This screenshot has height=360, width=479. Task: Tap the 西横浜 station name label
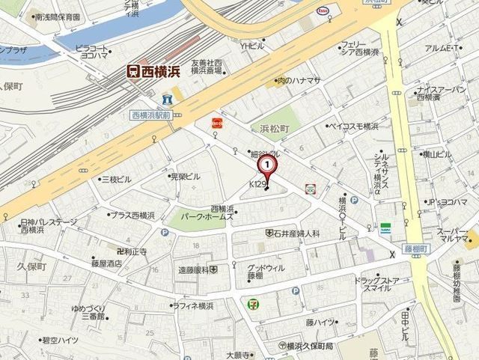click(x=159, y=71)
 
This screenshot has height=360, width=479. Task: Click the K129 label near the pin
click(x=257, y=183)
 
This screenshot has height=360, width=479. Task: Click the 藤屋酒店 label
click(x=106, y=263)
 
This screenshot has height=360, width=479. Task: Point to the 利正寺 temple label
click(x=129, y=251)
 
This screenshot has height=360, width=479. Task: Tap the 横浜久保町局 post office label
click(x=307, y=346)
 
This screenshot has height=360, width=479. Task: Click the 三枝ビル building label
click(x=115, y=180)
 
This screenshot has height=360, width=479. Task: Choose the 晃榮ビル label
click(x=185, y=177)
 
